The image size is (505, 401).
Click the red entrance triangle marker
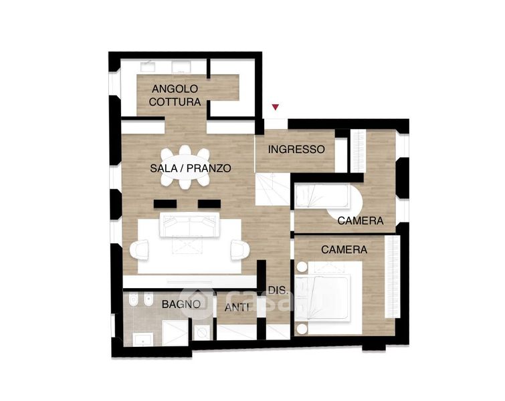(x=276, y=107)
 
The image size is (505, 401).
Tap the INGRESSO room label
(x=296, y=149)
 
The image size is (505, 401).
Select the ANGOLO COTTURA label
(x=175, y=96)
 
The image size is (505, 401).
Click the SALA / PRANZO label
(x=191, y=168)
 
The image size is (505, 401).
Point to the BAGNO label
(x=181, y=304)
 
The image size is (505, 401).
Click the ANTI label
(x=237, y=307)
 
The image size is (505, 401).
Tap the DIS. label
(x=278, y=290)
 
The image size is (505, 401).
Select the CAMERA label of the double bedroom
(x=344, y=249)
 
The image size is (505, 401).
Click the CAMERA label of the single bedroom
(x=361, y=221)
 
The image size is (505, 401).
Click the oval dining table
(x=185, y=167)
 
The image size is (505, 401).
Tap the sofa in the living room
(x=190, y=225)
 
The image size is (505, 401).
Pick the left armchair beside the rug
(x=139, y=250)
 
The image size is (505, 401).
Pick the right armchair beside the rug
(x=240, y=250)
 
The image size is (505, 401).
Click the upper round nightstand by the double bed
(x=302, y=267)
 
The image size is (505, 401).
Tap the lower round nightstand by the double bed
(x=302, y=329)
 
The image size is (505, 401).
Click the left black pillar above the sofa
(x=165, y=204)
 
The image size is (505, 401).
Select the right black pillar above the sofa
(x=209, y=204)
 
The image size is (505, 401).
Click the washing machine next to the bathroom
(x=202, y=331)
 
